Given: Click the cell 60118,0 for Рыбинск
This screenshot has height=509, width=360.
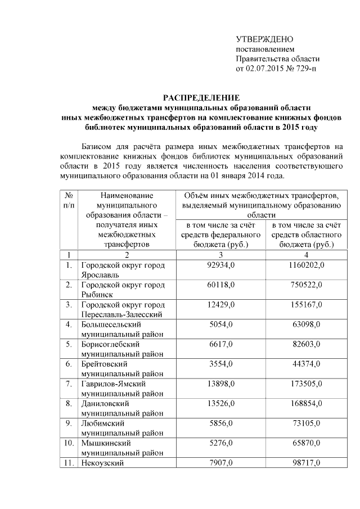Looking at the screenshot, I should pos(220,285).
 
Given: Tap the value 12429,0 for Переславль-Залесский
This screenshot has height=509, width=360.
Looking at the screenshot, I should pos(220,304).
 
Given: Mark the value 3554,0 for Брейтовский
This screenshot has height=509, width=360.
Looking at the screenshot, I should pos(220,364).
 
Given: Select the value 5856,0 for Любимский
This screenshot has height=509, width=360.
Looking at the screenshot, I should pos(220,423).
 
